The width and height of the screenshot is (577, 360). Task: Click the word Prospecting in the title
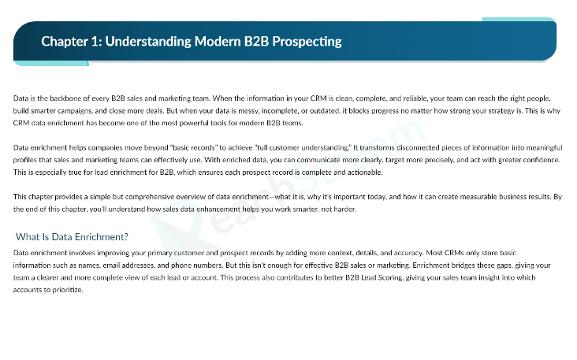coord(311,41)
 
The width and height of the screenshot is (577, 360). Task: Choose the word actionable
coord(362,173)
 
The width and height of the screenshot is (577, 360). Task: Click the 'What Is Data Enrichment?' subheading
coord(73,237)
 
